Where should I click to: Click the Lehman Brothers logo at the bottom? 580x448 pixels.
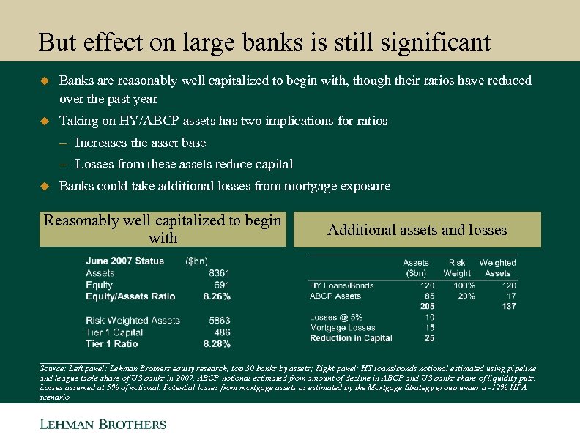coord(103,425)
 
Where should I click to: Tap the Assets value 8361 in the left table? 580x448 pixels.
coord(219,273)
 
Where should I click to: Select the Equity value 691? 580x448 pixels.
coord(222,285)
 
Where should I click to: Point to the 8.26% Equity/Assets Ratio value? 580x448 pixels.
coord(217,296)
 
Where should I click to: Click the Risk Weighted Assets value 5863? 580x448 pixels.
coord(219,321)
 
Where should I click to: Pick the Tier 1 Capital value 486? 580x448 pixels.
coord(222,332)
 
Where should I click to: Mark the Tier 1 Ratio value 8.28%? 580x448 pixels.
coord(217,343)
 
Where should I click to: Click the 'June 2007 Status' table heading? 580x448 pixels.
coord(124,261)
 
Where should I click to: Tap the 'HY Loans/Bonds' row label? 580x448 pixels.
coord(341,285)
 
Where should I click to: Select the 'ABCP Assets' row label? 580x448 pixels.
coord(335,296)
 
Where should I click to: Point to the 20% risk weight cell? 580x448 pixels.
coord(466,296)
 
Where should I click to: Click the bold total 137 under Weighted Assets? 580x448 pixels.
coord(509,306)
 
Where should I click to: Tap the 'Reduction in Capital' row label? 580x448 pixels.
coord(351,338)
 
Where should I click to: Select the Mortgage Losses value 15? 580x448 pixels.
coord(429,328)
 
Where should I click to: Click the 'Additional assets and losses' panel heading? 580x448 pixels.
coord(417,231)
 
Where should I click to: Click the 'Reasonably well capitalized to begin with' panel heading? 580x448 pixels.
coord(163,229)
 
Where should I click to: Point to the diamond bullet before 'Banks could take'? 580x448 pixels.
coord(43,187)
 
